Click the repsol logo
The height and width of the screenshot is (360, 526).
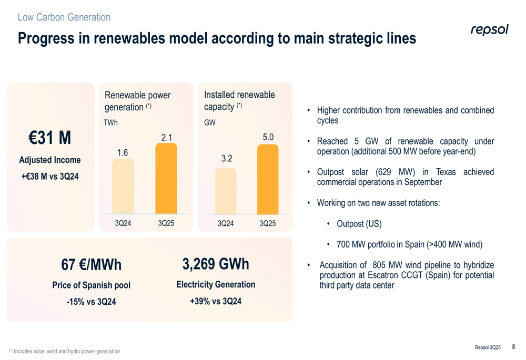tap(489, 30)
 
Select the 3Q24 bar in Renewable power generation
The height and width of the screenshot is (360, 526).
tap(123, 186)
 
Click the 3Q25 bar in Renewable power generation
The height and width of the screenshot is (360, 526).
tap(166, 178)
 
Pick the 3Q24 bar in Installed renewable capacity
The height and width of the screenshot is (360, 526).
tap(226, 191)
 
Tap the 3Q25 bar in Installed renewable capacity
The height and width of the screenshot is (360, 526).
tap(268, 179)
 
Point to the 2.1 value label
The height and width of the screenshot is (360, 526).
tap(167, 137)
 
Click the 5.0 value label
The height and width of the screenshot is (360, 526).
tap(268, 137)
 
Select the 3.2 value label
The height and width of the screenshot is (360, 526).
tap(227, 158)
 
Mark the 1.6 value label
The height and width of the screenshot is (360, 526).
tap(123, 153)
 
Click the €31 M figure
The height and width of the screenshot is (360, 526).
tap(49, 138)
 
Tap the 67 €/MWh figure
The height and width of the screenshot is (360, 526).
tap(91, 265)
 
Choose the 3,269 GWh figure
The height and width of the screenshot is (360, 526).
tap(216, 264)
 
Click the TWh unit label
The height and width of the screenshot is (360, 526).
tap(110, 122)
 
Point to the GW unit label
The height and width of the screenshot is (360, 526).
tap(210, 122)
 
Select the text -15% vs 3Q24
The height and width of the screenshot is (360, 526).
tap(91, 302)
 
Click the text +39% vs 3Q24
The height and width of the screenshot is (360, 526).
tap(216, 301)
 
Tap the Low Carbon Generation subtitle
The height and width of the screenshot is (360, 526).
tap(64, 17)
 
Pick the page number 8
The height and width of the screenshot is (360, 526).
tap(513, 346)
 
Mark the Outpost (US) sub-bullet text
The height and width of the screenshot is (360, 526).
tap(359, 224)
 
